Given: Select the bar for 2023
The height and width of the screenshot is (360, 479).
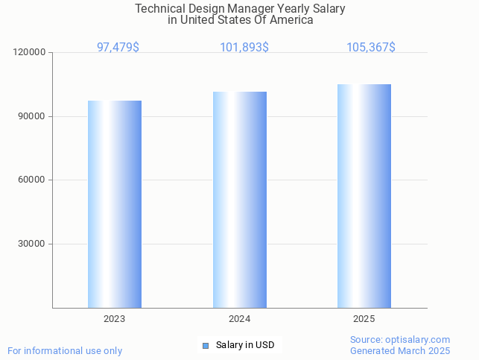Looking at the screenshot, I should point(115,204).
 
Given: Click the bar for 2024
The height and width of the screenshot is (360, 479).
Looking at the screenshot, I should point(240,200).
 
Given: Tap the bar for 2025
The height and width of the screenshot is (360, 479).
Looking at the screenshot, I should point(364,196).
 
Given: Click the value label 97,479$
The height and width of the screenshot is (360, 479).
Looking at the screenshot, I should point(118,47).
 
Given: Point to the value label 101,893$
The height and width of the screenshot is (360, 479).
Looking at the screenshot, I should point(244,47).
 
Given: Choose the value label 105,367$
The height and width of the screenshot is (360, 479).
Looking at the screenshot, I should point(371,47).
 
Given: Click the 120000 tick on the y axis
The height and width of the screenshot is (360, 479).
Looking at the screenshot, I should point(31,53).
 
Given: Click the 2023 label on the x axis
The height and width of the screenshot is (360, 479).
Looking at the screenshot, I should point(115,319).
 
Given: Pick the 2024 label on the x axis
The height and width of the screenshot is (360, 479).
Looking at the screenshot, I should point(239,319).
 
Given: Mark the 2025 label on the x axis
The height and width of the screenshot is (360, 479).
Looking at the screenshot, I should point(364,319).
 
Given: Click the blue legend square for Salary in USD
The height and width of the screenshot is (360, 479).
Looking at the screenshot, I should point(206,345).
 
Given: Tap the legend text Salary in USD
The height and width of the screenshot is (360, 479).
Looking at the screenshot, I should point(245,345).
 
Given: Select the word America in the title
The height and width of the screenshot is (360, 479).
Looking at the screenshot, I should point(291,20).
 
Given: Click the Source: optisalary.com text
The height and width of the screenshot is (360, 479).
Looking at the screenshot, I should point(400,339).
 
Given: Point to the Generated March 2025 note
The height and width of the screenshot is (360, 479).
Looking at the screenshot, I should point(400,350).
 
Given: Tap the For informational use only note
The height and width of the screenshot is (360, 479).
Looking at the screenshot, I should point(65,350).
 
